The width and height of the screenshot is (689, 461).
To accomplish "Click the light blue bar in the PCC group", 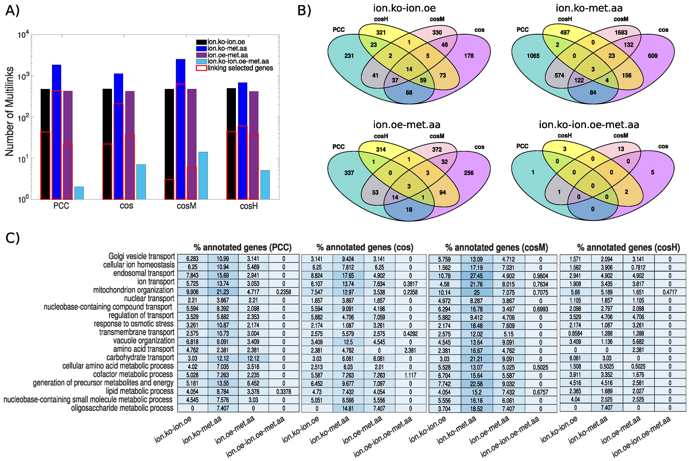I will tap(79, 193).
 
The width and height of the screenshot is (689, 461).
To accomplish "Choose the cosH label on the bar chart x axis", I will tap(249, 206).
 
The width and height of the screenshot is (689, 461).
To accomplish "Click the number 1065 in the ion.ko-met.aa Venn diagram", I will tap(533, 56).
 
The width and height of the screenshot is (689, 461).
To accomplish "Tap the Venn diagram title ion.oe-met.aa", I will tap(407, 125).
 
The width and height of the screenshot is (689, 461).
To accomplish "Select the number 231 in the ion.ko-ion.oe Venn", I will tap(349, 56).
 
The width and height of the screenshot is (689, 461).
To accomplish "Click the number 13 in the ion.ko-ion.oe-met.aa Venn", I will tap(621, 149).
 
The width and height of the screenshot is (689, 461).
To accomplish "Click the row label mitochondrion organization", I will tap(133, 290).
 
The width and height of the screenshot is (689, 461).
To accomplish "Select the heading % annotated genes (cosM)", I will tap(496, 248).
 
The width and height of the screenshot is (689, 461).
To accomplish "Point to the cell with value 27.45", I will tap(477, 276).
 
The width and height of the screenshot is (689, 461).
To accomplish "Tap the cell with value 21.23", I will tap(222, 292).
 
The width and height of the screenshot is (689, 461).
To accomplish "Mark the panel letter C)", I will tap(13, 238).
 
